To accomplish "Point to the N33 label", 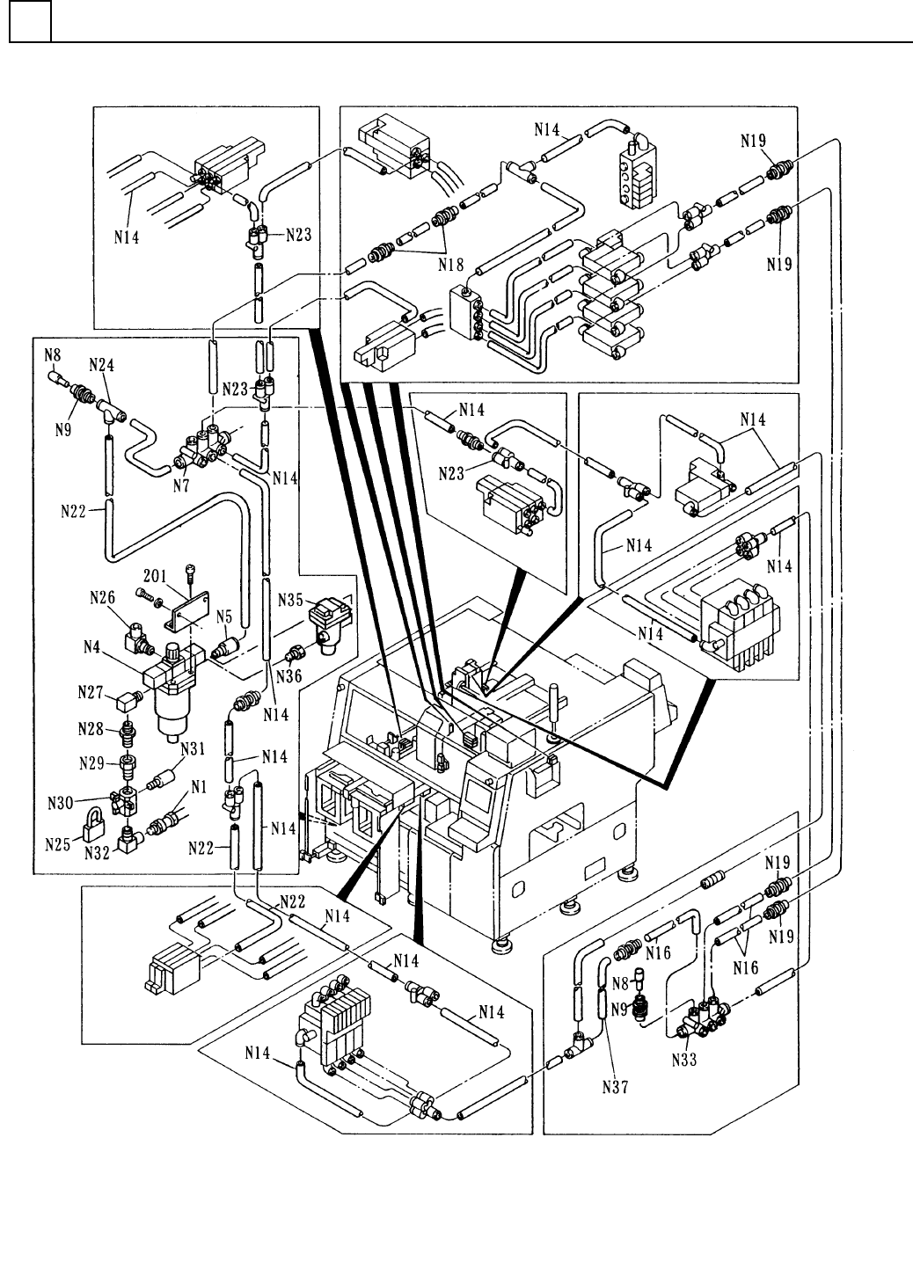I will click(x=683, y=1060).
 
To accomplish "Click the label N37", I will click(x=617, y=1087).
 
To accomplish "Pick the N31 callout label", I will click(x=194, y=749).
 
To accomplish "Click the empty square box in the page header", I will click(x=29, y=21).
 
